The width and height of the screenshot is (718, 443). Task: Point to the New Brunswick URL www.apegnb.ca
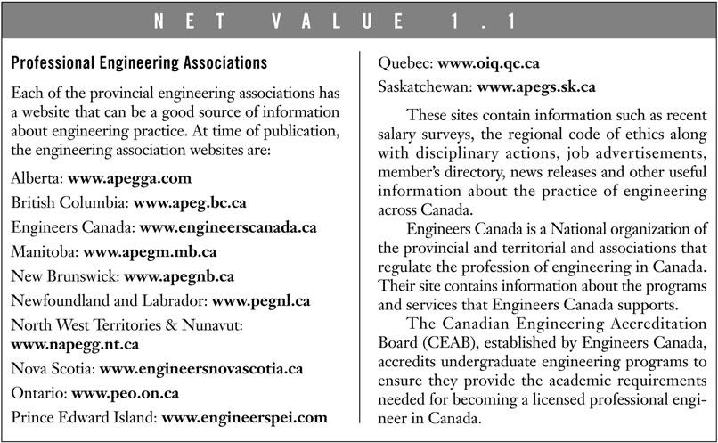point(179,276)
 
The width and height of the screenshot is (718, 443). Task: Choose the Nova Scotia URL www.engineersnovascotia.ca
point(201,367)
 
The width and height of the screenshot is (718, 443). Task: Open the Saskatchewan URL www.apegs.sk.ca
point(536,87)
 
